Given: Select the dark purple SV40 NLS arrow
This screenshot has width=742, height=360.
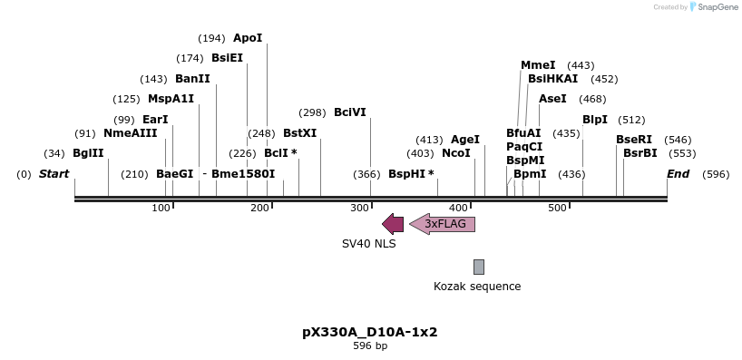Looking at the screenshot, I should [x=393, y=223].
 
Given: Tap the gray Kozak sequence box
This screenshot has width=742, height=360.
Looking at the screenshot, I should [x=479, y=267].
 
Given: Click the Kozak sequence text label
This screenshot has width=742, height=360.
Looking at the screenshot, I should [x=477, y=287].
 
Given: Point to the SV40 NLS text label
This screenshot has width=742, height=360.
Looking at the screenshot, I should [x=368, y=244].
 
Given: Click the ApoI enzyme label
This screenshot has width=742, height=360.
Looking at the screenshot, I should [x=248, y=38].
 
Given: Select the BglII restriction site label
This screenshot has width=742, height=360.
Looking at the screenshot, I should [x=88, y=153].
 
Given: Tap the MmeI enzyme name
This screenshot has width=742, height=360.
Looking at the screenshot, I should [x=538, y=65].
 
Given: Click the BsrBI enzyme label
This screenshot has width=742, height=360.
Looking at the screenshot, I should [x=639, y=153].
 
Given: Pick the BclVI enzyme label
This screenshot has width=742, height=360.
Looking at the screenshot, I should [x=350, y=112].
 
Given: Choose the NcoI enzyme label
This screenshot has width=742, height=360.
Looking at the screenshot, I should [x=456, y=153].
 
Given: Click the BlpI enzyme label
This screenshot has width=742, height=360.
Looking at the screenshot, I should [x=595, y=120].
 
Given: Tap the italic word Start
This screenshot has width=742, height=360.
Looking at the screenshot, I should [x=54, y=174].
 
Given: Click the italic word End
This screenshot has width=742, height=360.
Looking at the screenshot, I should [x=678, y=174].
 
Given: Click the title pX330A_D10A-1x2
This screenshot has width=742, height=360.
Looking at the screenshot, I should [x=370, y=332].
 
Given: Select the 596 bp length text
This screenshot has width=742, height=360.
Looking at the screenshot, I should [x=370, y=345].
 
